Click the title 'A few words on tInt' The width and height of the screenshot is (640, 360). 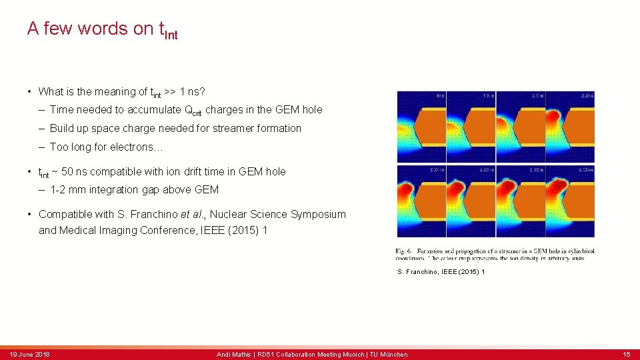102,29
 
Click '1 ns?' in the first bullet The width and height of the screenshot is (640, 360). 191,91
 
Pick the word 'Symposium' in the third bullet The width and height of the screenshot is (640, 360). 319,214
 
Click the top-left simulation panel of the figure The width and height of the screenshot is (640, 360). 421,127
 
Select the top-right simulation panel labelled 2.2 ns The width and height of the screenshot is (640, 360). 570,127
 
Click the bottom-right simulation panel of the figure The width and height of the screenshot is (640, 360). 570,201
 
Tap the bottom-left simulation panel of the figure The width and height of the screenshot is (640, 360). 421,201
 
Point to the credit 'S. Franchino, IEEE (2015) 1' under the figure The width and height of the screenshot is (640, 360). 441,272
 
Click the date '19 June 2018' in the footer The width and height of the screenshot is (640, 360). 29,354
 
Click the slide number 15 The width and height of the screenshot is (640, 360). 626,354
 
